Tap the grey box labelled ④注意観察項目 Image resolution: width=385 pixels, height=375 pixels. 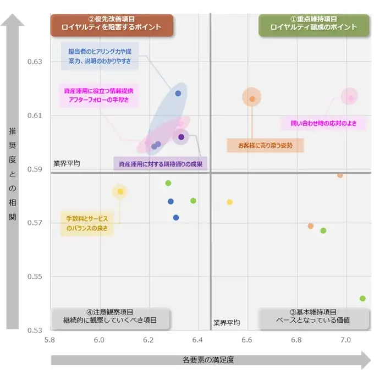coord(110,316)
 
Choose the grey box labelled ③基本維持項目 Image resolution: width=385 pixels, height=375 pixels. coord(313,316)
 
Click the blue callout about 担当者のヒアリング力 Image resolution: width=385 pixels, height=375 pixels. coord(100,57)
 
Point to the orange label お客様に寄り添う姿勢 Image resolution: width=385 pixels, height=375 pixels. coord(265,145)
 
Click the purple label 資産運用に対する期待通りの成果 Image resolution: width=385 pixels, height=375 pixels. coord(161,163)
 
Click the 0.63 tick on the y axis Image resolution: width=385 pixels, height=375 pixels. coord(35,62)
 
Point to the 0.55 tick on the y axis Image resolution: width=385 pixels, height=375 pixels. coord(35,277)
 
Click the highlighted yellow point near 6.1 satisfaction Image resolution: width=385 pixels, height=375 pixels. coord(120,191)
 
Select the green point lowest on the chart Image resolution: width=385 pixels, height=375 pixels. coord(362,299)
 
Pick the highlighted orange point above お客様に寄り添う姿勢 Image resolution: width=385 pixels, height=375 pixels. coord(252,99)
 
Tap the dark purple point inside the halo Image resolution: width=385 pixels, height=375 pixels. coord(181,137)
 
